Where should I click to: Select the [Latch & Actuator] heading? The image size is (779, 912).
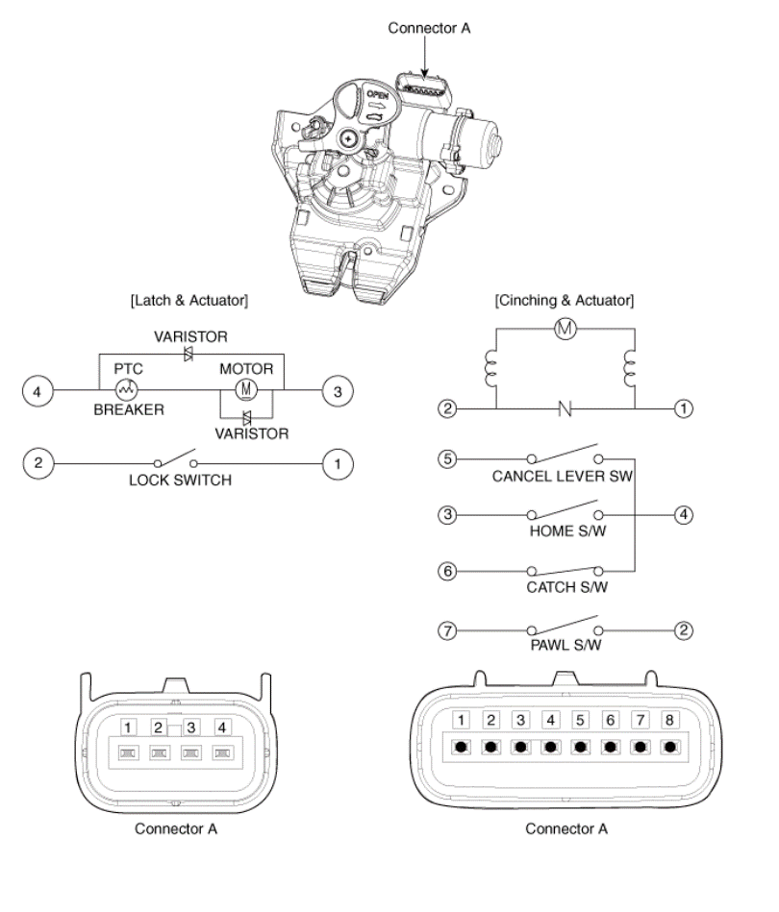pyautogui.click(x=188, y=301)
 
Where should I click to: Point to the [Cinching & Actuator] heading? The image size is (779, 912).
pyautogui.click(x=564, y=301)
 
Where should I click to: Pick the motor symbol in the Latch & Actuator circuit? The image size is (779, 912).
pyautogui.click(x=244, y=391)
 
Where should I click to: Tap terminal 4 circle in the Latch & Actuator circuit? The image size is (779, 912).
pyautogui.click(x=38, y=391)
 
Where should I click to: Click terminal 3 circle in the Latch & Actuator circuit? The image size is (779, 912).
pyautogui.click(x=337, y=391)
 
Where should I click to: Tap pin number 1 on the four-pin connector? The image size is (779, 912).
pyautogui.click(x=130, y=727)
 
